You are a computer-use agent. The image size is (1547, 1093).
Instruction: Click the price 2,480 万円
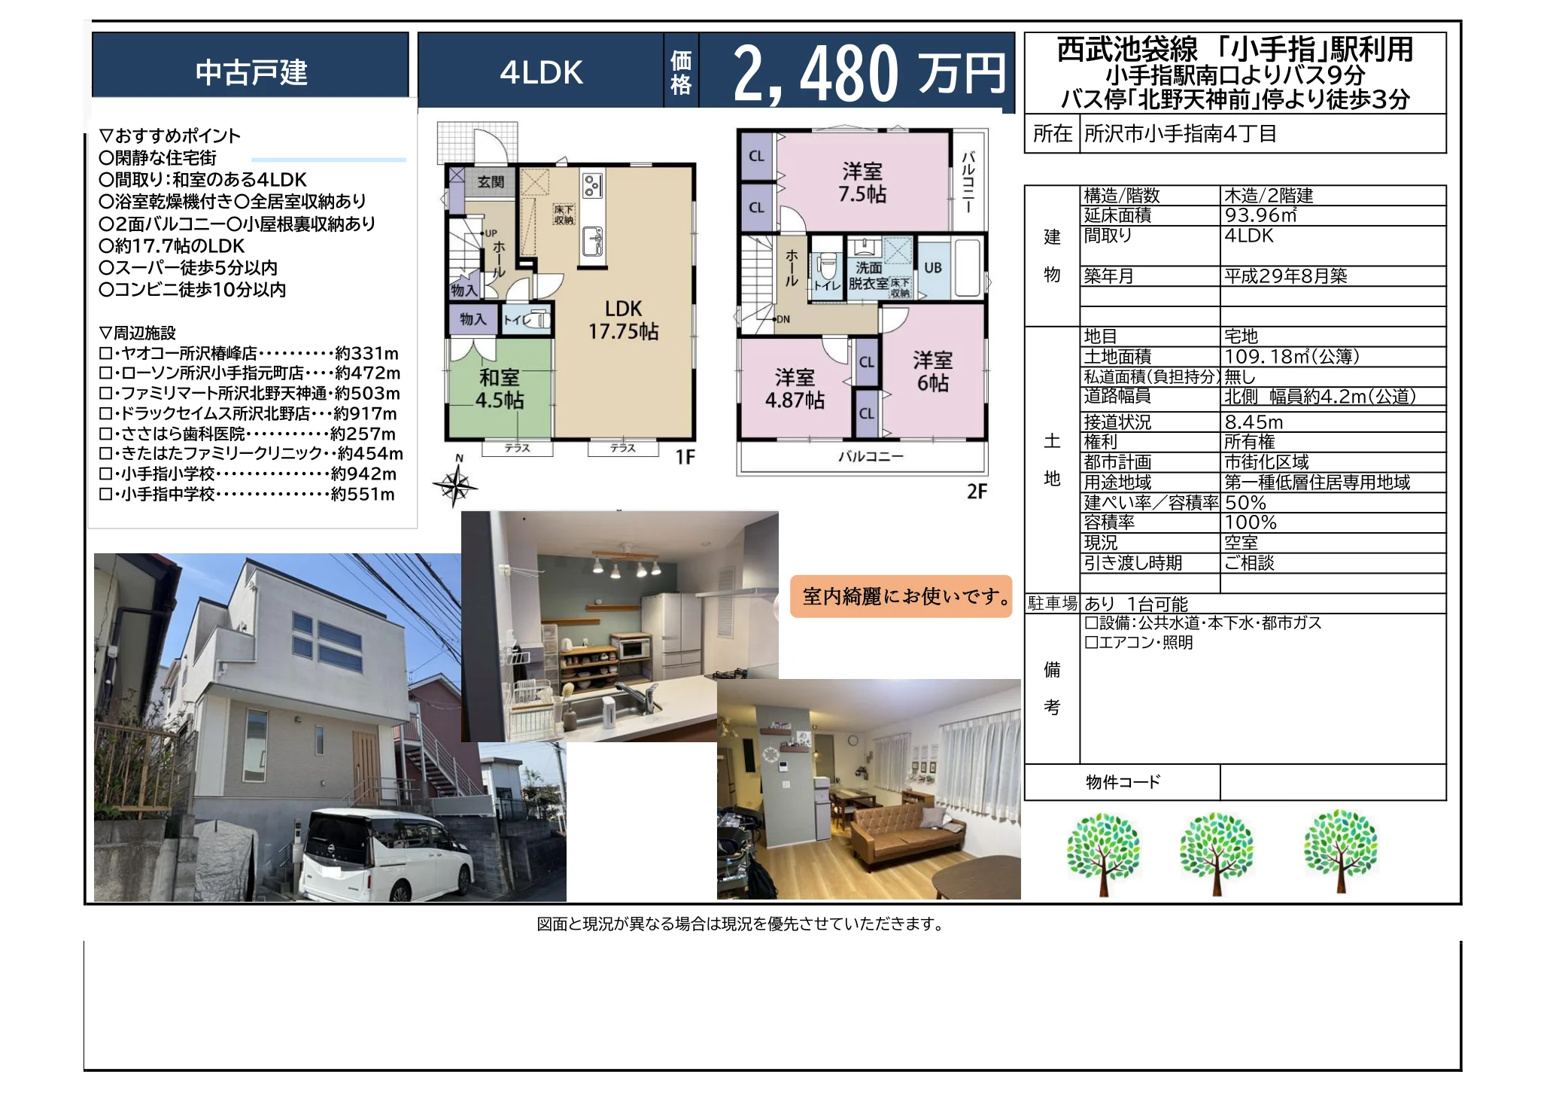pos(869,73)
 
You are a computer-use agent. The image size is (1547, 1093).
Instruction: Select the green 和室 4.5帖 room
pos(499,388)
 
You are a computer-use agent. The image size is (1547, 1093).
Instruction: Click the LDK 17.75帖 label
pos(623,320)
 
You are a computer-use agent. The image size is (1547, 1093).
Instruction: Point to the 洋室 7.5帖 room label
pos(862,183)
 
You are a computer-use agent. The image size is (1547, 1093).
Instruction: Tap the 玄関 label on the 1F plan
pos(491,181)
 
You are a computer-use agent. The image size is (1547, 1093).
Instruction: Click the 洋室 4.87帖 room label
pos(795,388)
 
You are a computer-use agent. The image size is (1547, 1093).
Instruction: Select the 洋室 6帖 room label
pos(933,372)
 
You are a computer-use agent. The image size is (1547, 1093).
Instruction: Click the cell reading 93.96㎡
pos(1261,215)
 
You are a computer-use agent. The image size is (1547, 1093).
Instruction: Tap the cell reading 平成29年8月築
pos(1285,276)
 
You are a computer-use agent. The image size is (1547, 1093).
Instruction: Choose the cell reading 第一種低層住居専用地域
pos(1317,483)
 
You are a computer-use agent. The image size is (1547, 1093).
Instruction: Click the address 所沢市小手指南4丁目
pos(1181,134)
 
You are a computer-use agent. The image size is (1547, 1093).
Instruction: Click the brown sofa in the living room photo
pos(906,833)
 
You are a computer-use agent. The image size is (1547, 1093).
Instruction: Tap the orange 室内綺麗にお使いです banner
pos(901,597)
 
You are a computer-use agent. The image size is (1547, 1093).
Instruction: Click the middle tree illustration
pos(1217,853)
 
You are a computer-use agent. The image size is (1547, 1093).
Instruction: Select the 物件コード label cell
pos(1123,782)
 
